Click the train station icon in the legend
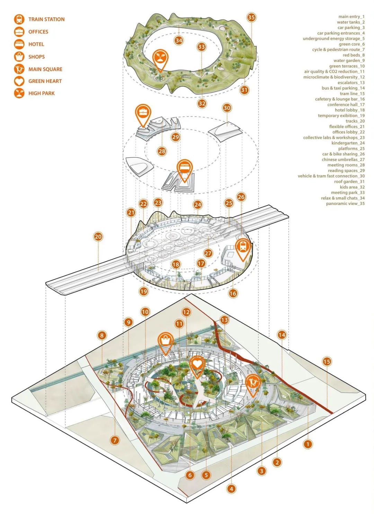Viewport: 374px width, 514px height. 19,19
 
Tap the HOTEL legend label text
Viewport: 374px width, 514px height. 36,44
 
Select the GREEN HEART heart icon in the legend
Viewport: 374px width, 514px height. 19,81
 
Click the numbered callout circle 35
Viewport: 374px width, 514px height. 251,17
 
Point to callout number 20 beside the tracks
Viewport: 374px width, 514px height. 98,237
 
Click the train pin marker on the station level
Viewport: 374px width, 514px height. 243,248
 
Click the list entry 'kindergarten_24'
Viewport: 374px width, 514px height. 348,143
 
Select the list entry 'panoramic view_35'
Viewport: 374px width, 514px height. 345,204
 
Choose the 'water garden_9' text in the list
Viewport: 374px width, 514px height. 349,61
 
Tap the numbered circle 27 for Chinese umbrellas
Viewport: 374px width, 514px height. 208,253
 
